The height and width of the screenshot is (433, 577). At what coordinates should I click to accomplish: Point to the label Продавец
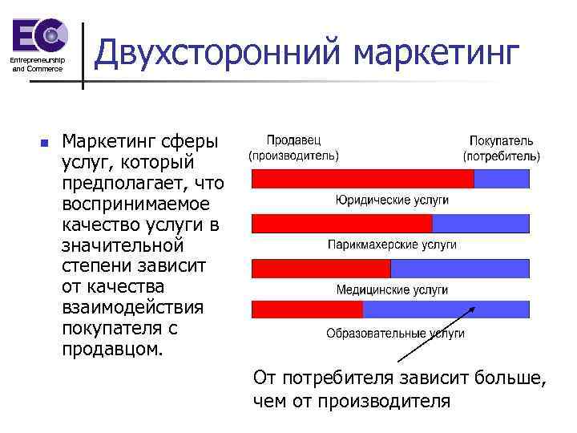293,140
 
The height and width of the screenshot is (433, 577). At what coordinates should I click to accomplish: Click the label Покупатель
502,140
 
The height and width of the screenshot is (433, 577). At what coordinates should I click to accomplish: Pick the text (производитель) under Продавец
293,156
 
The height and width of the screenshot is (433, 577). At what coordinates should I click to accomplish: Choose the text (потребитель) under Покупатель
502,156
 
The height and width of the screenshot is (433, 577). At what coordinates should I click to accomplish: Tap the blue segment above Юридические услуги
502,178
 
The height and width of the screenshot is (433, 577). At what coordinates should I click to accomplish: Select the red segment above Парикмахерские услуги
341,223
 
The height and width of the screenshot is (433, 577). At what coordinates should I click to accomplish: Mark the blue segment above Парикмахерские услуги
481,223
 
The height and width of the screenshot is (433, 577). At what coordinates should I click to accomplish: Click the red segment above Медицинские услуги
321,268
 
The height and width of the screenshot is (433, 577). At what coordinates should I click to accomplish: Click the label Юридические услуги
392,200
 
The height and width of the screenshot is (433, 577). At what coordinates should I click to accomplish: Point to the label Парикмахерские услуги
392,244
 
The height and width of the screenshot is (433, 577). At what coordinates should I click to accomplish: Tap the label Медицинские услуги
392,289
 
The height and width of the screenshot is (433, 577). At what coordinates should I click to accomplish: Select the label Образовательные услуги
395,334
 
